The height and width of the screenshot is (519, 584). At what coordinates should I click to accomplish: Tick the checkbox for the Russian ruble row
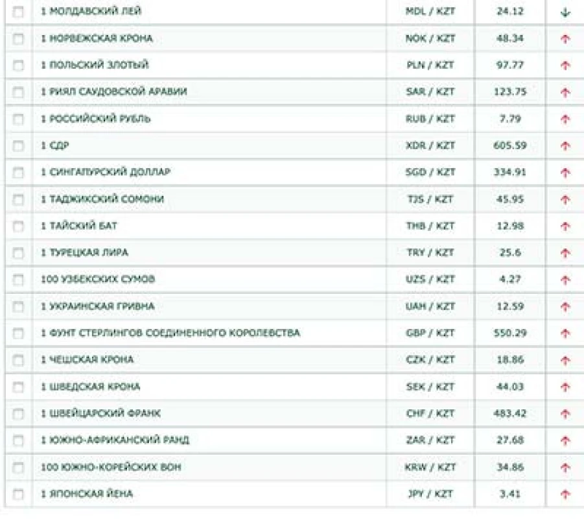[18, 119]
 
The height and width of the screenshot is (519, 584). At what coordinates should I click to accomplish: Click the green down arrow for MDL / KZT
[565, 12]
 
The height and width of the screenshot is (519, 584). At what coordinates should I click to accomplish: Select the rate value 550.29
[510, 333]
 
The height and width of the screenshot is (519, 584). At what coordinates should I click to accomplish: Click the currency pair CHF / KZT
[430, 413]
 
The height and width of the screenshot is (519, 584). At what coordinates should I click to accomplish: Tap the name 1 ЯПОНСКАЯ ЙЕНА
[86, 494]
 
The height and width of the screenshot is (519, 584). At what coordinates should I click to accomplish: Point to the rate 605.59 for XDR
[510, 145]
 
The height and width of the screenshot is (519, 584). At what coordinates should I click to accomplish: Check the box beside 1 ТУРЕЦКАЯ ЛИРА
[18, 253]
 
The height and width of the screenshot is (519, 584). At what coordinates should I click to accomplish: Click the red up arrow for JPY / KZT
[565, 494]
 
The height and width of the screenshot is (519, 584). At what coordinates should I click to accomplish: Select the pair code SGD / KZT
[430, 173]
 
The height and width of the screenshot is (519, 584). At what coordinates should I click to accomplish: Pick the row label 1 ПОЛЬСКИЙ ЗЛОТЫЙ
[95, 65]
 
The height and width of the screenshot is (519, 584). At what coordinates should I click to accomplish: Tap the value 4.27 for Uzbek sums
[510, 280]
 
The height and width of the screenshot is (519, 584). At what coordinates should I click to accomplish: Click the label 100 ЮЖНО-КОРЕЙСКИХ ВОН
[111, 467]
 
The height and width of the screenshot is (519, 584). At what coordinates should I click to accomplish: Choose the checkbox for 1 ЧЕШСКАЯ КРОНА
[18, 360]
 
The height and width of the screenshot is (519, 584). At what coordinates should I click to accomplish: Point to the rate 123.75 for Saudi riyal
[510, 92]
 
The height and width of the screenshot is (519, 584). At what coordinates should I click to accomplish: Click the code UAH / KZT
[430, 306]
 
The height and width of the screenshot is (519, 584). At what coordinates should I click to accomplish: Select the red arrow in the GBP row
[565, 333]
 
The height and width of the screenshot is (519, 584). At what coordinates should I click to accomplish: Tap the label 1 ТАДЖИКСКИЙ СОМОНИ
[102, 199]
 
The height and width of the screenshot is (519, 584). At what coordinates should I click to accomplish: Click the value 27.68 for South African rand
[510, 441]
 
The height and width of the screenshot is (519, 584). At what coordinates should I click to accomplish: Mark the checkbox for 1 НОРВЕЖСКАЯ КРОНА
[18, 38]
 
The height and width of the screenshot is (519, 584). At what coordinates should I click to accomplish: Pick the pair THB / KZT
[430, 226]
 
